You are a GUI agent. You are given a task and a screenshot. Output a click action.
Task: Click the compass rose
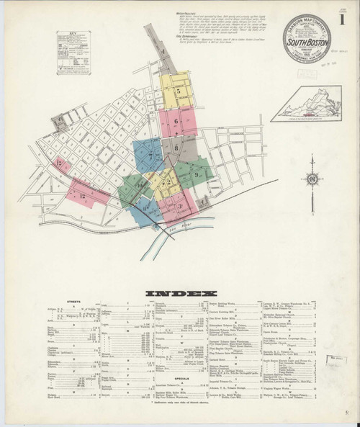click(x=312, y=179)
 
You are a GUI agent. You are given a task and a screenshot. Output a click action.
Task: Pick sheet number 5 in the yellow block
click(x=176, y=91)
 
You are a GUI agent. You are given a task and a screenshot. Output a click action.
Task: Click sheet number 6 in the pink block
click(x=176, y=122)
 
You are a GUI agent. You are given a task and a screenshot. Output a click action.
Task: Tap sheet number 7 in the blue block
click(x=150, y=156)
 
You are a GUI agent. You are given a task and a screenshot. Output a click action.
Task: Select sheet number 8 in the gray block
click(x=175, y=148)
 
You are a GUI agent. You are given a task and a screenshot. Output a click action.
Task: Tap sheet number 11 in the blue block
click(x=145, y=210)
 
